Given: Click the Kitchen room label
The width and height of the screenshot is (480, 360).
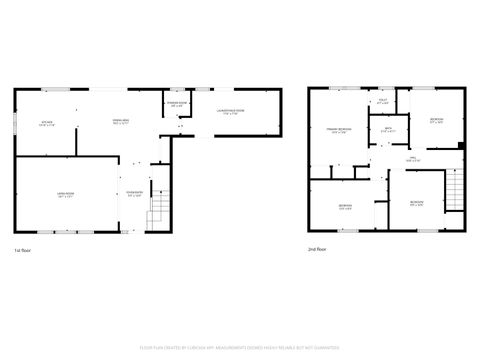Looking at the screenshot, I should [x=46, y=124].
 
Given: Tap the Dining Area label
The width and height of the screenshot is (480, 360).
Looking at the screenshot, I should [x=120, y=124].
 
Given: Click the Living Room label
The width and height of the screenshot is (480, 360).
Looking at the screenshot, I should [x=65, y=197].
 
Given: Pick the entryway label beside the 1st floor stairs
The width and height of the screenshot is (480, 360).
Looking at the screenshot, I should [x=133, y=194].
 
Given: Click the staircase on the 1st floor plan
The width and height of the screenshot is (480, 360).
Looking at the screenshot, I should [x=158, y=211].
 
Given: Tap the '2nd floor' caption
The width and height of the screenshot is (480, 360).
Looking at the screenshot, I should [x=316, y=250].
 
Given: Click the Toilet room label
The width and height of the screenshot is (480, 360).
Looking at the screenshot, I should [x=382, y=102].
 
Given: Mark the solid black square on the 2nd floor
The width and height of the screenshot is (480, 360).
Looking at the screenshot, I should [x=460, y=146].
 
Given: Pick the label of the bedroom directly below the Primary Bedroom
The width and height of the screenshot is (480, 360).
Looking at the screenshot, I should [x=345, y=207].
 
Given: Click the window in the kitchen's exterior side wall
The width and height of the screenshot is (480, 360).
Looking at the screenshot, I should [x=14, y=124].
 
